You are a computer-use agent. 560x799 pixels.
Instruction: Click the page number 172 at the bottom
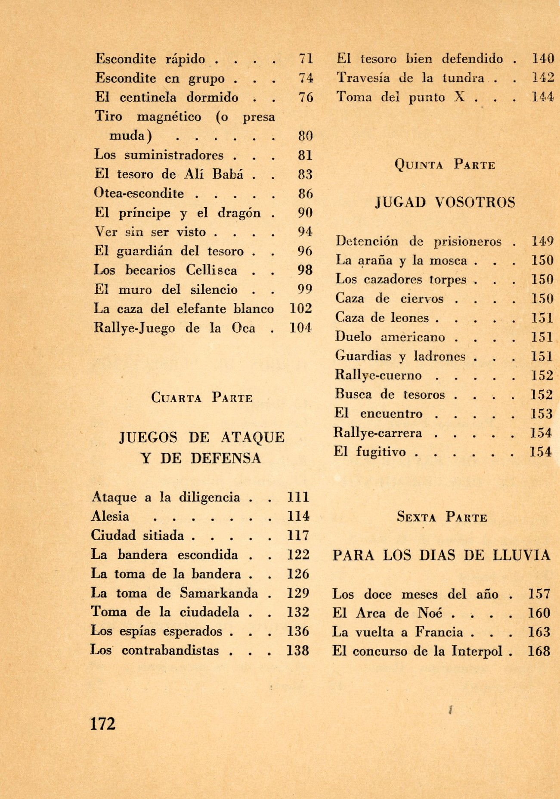pos(103,724)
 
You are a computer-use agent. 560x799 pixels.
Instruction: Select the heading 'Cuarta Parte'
pos(202,398)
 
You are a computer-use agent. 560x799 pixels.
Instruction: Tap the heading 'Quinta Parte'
pos(445,165)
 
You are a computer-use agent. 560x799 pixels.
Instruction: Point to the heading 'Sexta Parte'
pos(442,517)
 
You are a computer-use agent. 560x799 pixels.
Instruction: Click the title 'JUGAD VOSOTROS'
pos(445,202)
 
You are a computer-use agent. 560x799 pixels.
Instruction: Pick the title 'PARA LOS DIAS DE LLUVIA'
pos(441,555)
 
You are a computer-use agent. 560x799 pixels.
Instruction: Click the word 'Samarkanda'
pos(219,593)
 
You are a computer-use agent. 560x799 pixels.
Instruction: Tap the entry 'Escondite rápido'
pos(150,59)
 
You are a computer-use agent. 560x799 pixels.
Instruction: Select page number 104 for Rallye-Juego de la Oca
pos(300,328)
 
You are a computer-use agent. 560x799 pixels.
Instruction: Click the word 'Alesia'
pos(110,516)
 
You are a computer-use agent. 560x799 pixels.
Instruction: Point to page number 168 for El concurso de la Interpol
pos(539,651)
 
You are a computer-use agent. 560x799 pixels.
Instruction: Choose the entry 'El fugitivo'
pos(370,452)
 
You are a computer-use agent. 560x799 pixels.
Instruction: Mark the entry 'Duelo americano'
pos(390,337)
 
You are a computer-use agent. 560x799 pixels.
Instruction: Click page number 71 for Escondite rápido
pos(306,59)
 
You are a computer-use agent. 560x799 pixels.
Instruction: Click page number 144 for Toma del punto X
pos(542,97)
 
